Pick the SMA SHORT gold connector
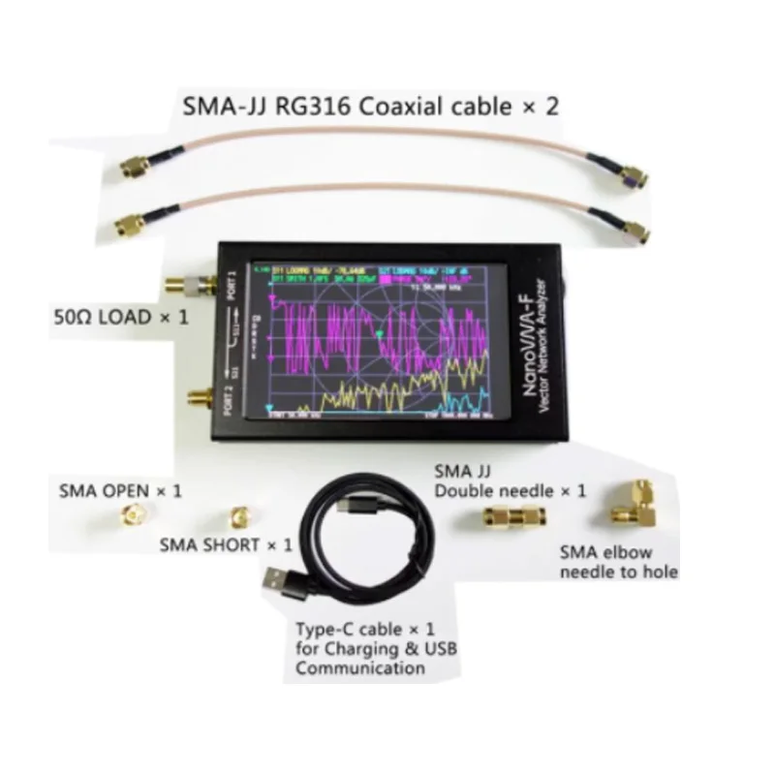[x=236, y=515]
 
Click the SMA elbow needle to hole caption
[x=618, y=563]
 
